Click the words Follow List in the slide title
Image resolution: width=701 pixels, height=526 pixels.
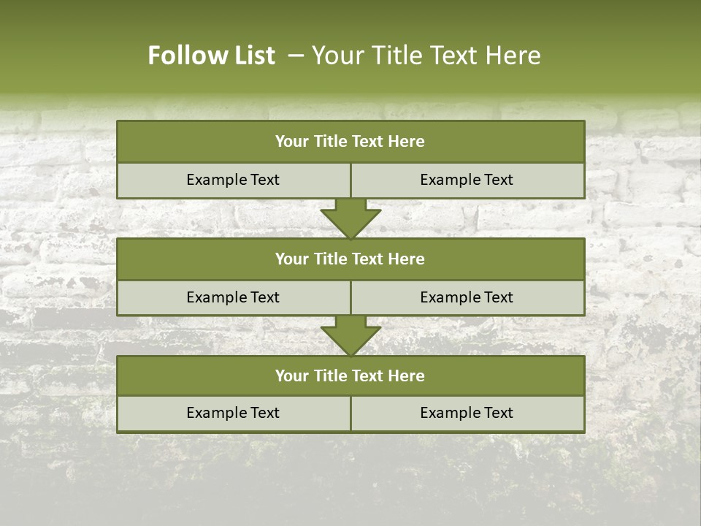point(211,56)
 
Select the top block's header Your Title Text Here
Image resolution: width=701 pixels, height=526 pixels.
point(350,142)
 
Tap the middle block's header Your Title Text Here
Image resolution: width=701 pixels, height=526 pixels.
point(350,259)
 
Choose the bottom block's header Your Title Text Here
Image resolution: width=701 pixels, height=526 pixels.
point(350,376)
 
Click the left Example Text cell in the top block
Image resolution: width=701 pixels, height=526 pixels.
point(233,180)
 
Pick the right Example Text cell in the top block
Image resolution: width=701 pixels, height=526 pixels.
point(467,180)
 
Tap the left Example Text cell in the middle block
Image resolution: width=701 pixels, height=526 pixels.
point(233,297)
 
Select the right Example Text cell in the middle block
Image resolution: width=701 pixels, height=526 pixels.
point(467,297)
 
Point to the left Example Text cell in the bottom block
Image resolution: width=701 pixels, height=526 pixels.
point(233,413)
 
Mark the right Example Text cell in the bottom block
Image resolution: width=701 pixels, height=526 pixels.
point(467,413)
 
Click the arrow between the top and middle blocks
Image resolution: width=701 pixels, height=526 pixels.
point(350,218)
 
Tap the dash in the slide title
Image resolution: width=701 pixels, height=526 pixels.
point(296,56)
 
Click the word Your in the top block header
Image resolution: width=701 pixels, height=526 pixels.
point(292,142)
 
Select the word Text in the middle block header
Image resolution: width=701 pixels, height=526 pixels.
point(368,259)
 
